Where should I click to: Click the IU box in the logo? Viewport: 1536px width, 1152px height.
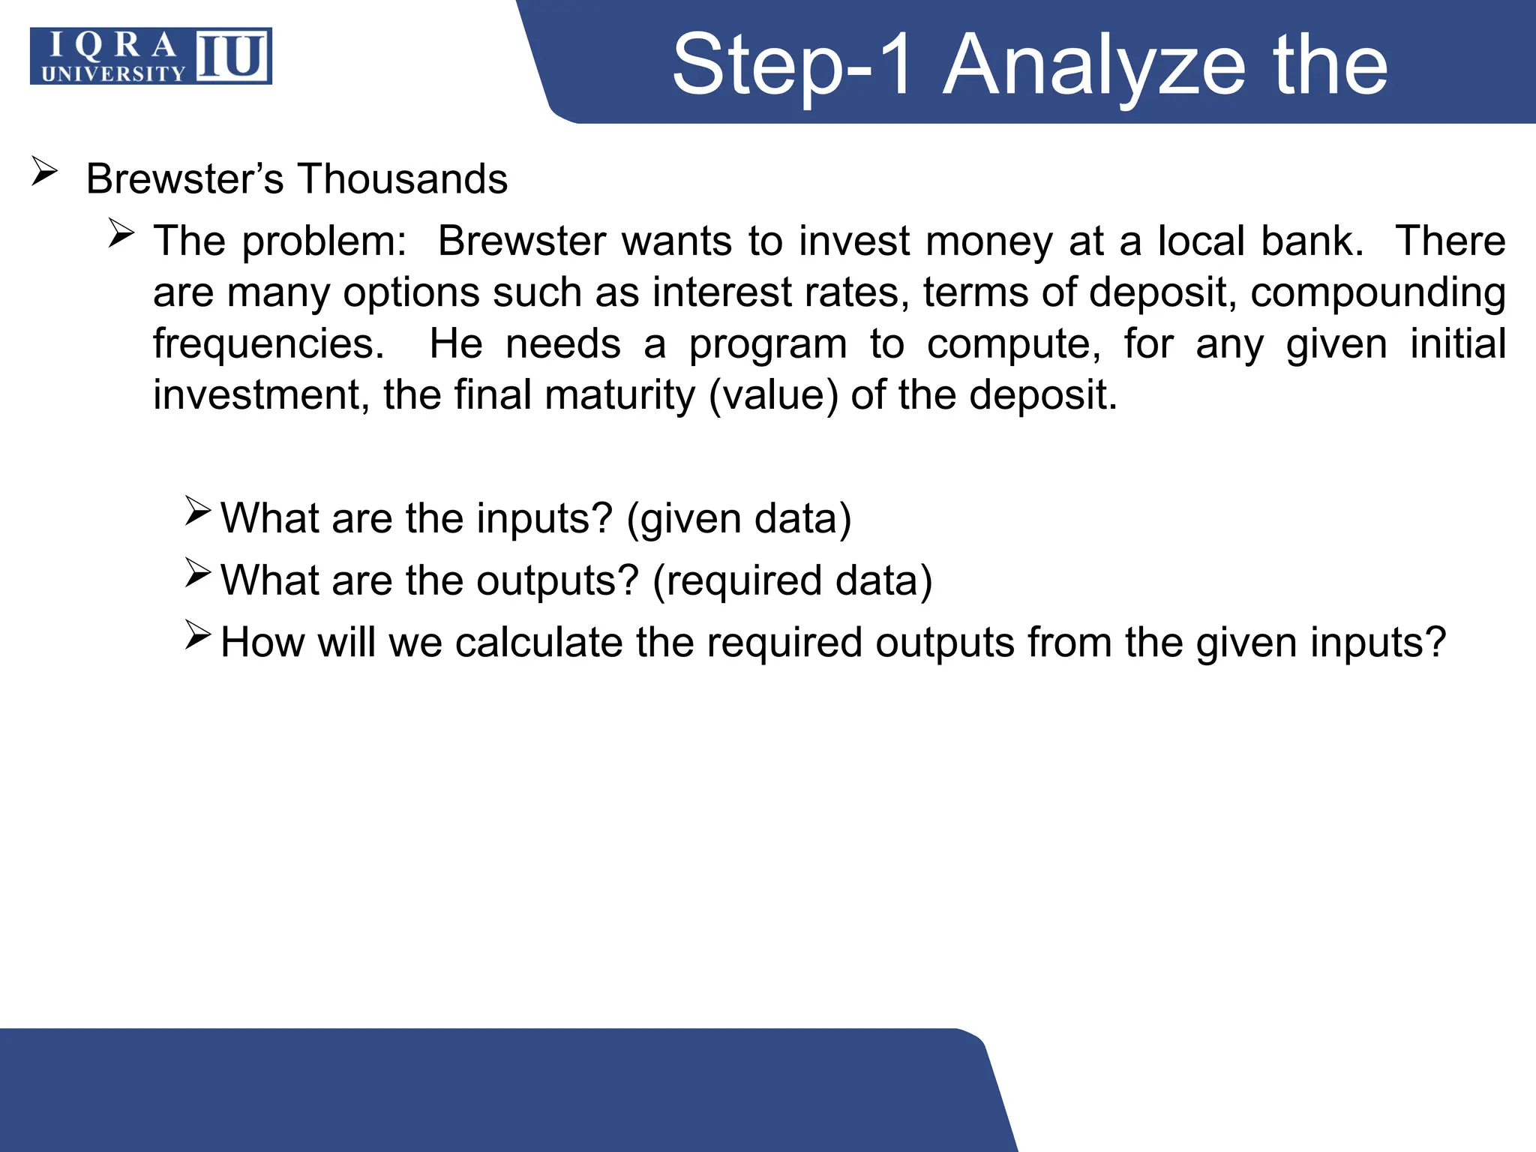(x=232, y=56)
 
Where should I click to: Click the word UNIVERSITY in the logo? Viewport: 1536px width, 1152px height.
(x=112, y=73)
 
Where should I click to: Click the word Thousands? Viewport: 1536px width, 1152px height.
(x=403, y=179)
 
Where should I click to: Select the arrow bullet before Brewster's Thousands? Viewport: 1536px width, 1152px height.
(x=44, y=172)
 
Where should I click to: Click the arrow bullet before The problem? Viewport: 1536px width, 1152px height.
(x=121, y=234)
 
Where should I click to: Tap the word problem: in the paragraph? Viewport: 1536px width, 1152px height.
(x=324, y=241)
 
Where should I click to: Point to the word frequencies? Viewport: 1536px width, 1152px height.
(x=268, y=344)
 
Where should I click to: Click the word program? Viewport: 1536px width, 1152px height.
(x=768, y=344)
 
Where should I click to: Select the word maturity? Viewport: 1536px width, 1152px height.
(x=622, y=395)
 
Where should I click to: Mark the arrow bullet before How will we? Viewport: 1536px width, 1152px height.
(x=199, y=636)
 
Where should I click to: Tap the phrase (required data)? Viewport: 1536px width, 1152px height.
(x=792, y=581)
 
